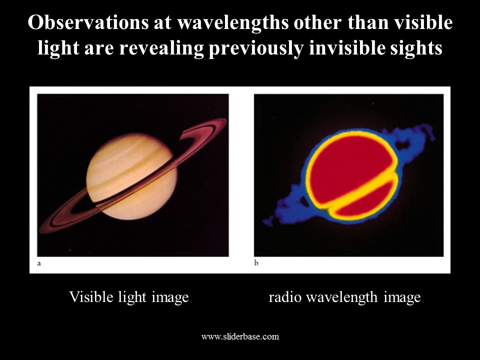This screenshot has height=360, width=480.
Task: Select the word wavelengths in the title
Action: (x=232, y=22)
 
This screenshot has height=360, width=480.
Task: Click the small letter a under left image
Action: (x=39, y=263)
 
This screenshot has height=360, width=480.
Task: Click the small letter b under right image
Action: (x=256, y=262)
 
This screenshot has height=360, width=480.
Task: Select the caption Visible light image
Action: (x=129, y=297)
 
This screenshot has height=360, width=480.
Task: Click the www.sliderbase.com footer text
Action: (x=240, y=336)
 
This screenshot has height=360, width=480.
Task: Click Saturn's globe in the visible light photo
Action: (x=131, y=176)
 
